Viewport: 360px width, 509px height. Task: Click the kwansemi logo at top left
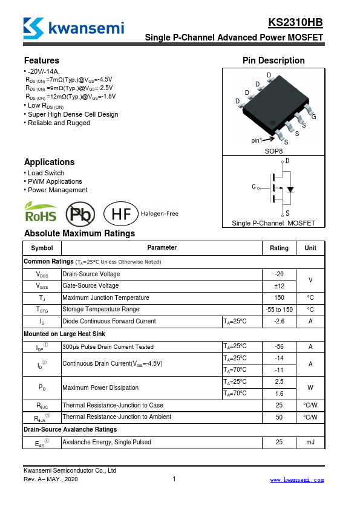[x=73, y=27]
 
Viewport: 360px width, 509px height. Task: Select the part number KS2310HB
[x=295, y=23]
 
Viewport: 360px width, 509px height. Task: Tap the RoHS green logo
[x=41, y=213]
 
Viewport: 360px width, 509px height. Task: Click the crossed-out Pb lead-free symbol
[x=80, y=213]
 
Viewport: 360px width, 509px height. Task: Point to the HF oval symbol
[x=117, y=213]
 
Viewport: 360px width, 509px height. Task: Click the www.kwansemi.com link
[x=296, y=480]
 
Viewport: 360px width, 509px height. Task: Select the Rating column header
[x=279, y=248]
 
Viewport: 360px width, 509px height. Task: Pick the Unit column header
[x=310, y=248]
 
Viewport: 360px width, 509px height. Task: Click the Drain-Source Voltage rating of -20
[x=279, y=274]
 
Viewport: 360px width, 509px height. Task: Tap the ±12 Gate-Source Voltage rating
[x=279, y=286]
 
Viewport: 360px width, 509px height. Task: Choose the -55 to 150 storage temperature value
[x=279, y=310]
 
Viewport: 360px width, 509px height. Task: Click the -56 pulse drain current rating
[x=279, y=347]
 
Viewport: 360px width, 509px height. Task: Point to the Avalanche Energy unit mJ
[x=310, y=443]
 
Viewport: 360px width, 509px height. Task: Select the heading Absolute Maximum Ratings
[x=79, y=233]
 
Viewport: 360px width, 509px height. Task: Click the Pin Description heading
[x=273, y=60]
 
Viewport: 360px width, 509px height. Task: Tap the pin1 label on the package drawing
[x=257, y=140]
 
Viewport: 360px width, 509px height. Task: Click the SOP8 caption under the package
[x=273, y=151]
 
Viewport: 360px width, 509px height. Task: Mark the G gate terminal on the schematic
[x=254, y=187]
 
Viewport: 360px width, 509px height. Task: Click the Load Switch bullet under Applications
[x=46, y=173]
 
